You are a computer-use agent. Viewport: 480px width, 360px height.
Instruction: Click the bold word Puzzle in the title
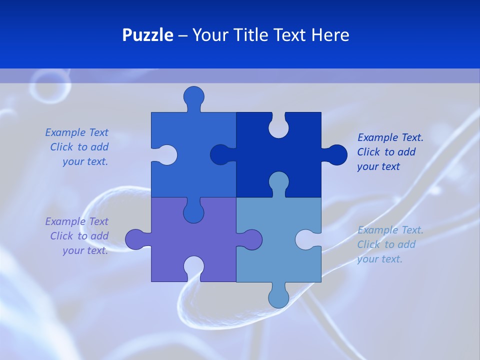point(147,35)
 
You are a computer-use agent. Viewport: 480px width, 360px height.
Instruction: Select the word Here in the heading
point(329,35)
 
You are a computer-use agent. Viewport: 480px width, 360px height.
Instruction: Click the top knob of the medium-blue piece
point(193,96)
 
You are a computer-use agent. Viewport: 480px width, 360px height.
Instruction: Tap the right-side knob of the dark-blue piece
point(336,155)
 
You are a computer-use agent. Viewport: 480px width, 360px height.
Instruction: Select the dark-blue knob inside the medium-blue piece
point(219,155)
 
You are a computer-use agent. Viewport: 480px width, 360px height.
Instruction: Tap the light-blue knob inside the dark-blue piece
point(278,181)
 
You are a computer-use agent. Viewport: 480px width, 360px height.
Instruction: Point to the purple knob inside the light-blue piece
point(252,239)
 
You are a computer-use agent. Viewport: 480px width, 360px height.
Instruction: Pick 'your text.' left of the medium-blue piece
point(85,162)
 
